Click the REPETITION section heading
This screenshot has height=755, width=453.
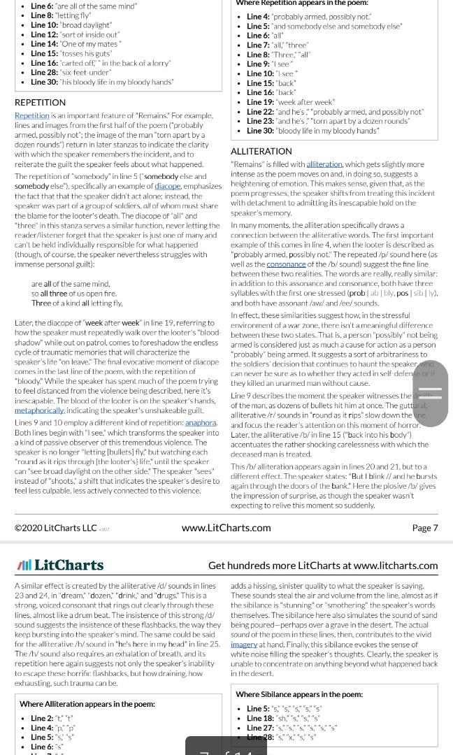(x=40, y=103)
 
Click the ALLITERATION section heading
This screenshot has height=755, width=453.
(x=261, y=151)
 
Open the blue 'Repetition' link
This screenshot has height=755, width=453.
(x=32, y=115)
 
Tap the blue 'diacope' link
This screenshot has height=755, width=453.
(x=167, y=187)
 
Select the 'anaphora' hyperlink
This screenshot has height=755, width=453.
(x=201, y=423)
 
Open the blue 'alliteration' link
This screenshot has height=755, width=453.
(x=324, y=164)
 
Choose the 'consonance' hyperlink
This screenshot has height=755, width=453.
(x=286, y=264)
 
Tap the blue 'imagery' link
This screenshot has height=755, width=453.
(x=244, y=645)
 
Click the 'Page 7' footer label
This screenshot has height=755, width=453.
(x=424, y=528)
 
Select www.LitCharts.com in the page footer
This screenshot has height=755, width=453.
(x=226, y=528)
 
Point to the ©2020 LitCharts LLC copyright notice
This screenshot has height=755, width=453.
(x=56, y=528)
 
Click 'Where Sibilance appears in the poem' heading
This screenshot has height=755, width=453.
(x=299, y=694)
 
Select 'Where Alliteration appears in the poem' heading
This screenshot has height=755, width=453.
(x=87, y=704)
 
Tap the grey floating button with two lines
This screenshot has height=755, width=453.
(x=430, y=393)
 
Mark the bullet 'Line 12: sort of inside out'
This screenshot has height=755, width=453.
(x=75, y=34)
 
